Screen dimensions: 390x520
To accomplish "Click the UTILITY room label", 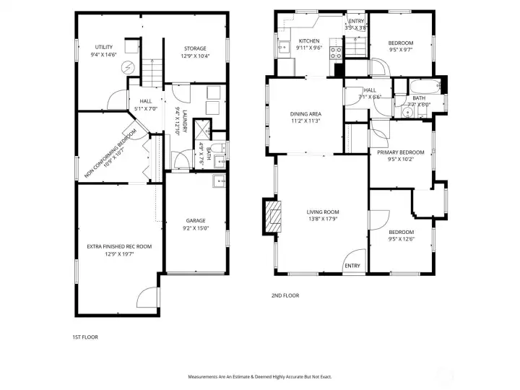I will (104, 47).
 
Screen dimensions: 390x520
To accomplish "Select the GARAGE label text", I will (196, 221).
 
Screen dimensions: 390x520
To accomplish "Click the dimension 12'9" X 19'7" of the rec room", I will (110, 254).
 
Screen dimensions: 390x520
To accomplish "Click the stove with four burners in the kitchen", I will (336, 52).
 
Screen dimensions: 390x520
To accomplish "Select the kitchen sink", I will (282, 48).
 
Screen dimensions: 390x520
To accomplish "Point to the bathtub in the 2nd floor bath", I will (420, 94).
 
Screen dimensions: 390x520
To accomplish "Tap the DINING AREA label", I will (305, 114).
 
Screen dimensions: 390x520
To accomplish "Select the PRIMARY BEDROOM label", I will (400, 152).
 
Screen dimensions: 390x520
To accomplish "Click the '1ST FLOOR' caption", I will (85, 337).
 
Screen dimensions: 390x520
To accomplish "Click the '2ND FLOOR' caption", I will (285, 295).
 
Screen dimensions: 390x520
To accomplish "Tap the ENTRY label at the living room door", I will (352, 266).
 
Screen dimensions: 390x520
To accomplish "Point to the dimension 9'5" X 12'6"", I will (401, 239).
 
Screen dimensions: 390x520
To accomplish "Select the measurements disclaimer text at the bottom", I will (260, 377).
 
